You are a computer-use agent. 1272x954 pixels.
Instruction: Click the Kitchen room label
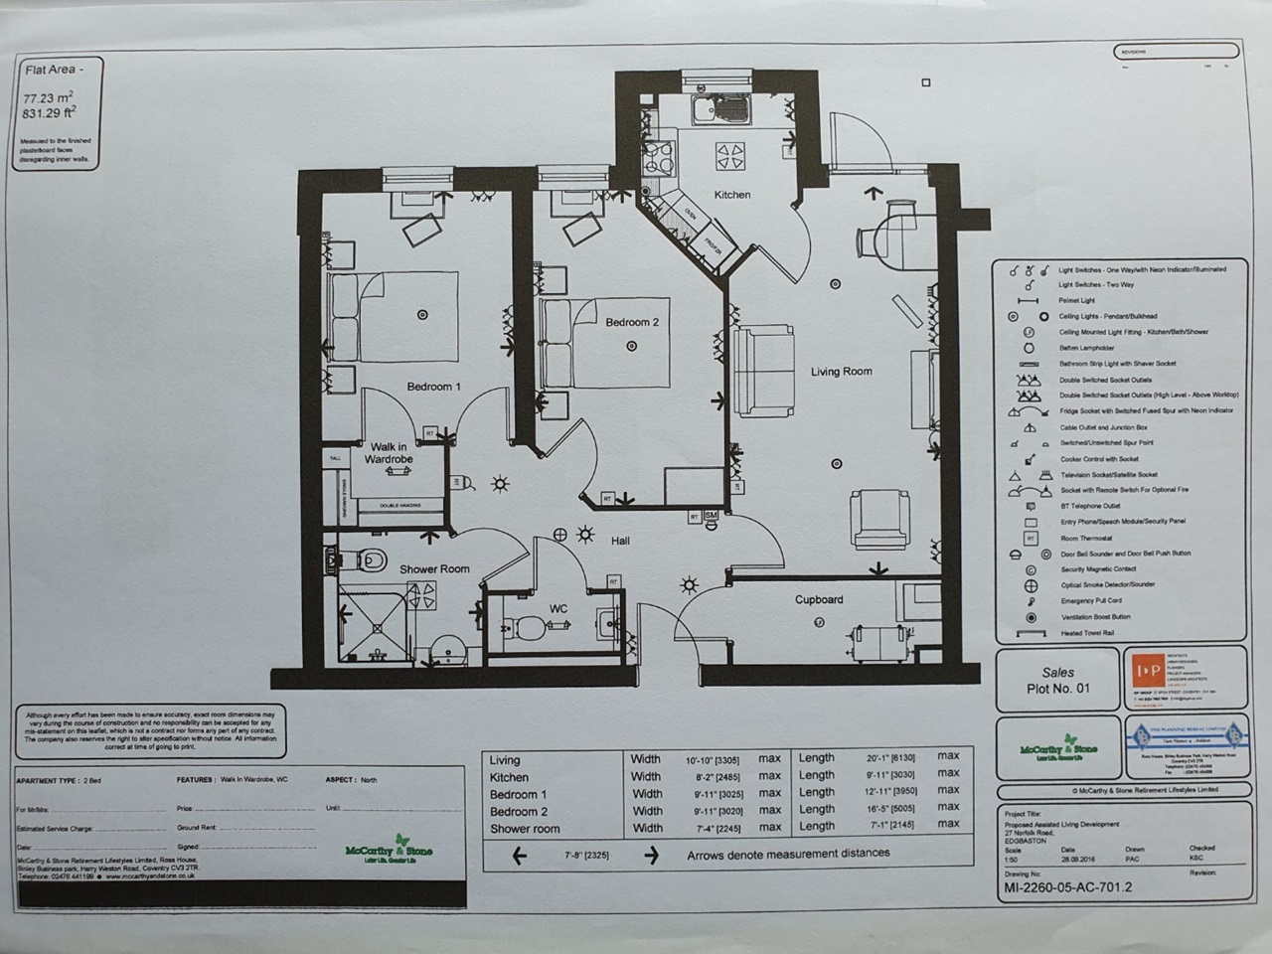point(731,195)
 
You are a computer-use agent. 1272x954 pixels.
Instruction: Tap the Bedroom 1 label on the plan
point(433,387)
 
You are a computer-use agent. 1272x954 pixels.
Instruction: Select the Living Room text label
point(841,372)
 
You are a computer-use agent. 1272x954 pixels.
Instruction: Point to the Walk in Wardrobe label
point(388,453)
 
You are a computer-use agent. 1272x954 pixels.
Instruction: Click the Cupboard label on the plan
point(818,600)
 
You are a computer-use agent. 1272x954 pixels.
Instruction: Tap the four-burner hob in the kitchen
point(730,155)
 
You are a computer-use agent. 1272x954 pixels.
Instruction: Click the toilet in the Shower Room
point(371,560)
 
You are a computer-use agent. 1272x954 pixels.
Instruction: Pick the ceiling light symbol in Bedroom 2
point(631,346)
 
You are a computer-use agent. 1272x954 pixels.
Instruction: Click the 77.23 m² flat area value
point(48,98)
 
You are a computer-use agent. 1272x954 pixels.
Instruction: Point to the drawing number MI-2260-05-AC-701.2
point(1067,887)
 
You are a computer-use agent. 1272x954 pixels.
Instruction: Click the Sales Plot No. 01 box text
point(1057,681)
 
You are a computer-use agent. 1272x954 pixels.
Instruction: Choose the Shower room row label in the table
point(525,829)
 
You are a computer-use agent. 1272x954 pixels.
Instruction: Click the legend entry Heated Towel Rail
point(1088,633)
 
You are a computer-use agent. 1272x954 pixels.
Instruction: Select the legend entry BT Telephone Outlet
point(1090,506)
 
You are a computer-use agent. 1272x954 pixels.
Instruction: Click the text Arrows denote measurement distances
point(788,854)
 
